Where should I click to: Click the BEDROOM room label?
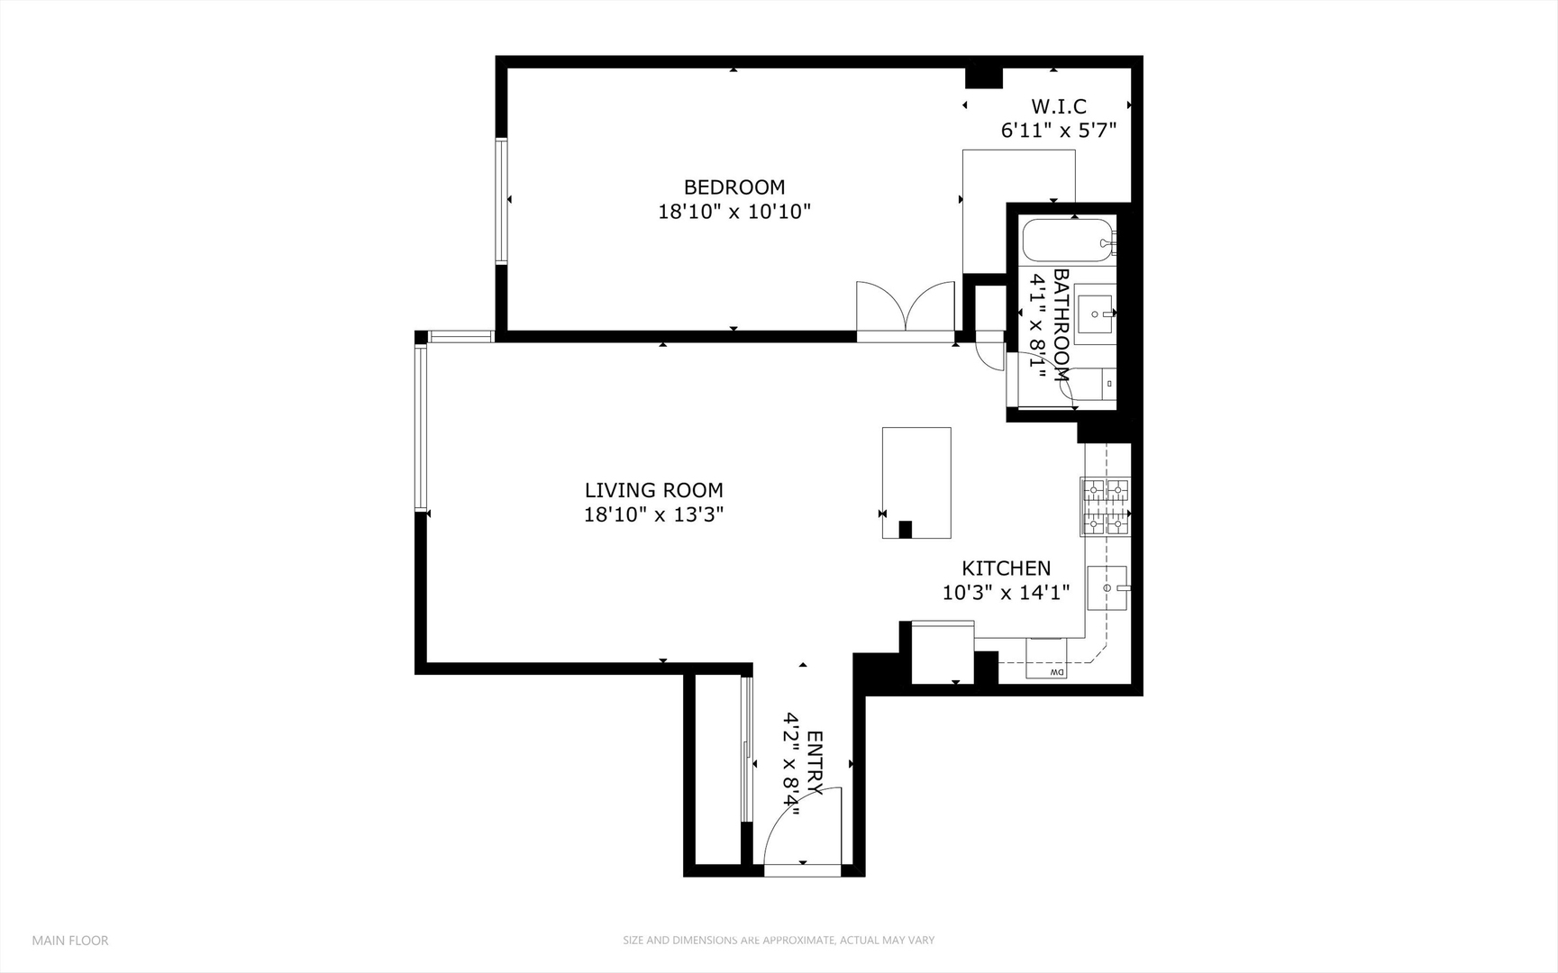point(733,187)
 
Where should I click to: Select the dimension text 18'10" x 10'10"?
point(733,212)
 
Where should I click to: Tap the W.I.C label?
point(1058,106)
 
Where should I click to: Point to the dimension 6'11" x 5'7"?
point(1058,131)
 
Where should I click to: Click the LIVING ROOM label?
point(653,490)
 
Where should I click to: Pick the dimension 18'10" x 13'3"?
point(653,515)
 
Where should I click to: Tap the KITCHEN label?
point(1006,568)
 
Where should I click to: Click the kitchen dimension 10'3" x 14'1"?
point(1006,593)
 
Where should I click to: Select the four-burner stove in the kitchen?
point(1105,506)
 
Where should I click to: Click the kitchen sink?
point(1107,587)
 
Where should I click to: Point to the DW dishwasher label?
point(1057,672)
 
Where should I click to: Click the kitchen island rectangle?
point(916,482)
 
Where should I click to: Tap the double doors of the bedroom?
point(905,308)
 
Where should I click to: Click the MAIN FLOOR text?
point(70,941)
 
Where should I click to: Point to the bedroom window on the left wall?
point(501,200)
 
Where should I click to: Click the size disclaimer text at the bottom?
point(779,941)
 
